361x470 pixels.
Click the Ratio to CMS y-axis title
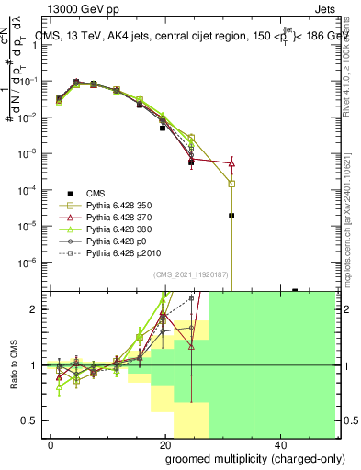(x=12, y=365)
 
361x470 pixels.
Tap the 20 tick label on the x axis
(x=164, y=443)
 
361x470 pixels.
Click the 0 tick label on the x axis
(x=51, y=443)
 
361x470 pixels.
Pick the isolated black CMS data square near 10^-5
(x=231, y=216)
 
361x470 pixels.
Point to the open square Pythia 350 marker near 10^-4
(x=231, y=184)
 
